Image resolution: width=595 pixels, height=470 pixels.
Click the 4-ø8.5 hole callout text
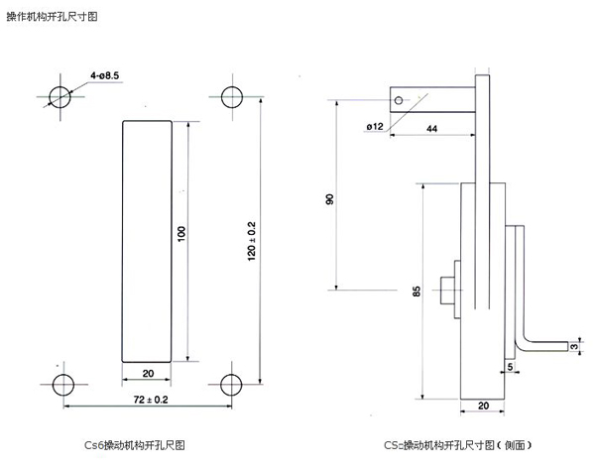pos(105,74)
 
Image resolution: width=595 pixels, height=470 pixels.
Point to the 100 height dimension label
pos(180,234)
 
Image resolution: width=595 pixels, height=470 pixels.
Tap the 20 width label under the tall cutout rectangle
pos(147,374)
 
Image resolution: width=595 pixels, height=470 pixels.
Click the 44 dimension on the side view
pos(433,129)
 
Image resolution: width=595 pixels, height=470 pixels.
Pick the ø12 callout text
pos(375,127)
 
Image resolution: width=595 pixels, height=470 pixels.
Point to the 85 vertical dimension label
pos(416,292)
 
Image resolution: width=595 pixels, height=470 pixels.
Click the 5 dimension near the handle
pos(510,366)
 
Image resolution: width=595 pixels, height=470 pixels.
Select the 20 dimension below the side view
pos(484,406)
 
